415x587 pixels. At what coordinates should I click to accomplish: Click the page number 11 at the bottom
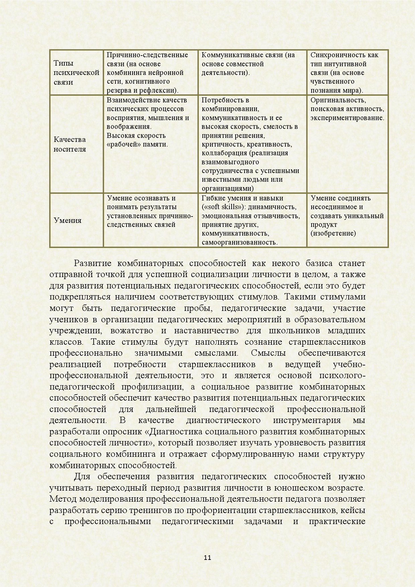pyautogui.click(x=207, y=558)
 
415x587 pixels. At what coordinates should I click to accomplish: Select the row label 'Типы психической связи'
pyautogui.click(x=76, y=73)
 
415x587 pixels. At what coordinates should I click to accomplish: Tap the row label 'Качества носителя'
pyautogui.click(x=70, y=144)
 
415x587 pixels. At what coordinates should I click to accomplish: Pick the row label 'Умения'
pyautogui.click(x=68, y=220)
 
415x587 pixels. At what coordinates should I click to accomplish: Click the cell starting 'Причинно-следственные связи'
pyautogui.click(x=147, y=73)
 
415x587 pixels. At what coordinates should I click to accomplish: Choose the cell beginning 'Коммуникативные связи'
pyautogui.click(x=248, y=64)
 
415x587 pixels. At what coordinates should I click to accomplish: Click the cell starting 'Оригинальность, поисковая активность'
pyautogui.click(x=347, y=109)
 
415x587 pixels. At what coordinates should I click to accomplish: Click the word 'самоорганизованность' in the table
pyautogui.click(x=239, y=242)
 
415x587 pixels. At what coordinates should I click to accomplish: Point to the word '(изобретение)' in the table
pyautogui.click(x=333, y=233)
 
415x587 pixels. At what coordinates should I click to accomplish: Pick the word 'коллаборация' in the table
pyautogui.click(x=221, y=153)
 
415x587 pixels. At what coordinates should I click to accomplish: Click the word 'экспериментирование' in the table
pyautogui.click(x=347, y=118)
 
